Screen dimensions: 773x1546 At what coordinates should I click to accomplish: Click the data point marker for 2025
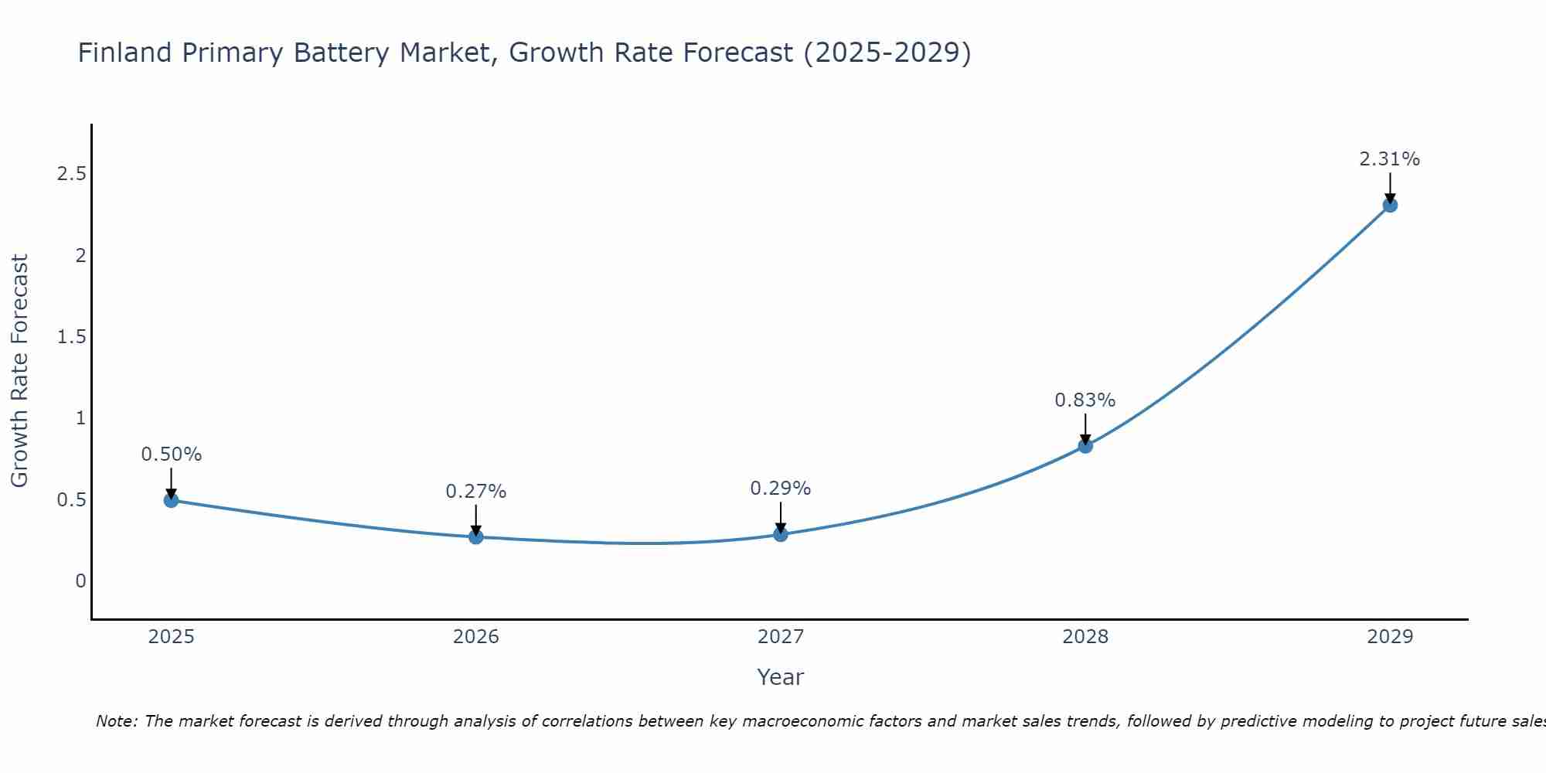(x=171, y=500)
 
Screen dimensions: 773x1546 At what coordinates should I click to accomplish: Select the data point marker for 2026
(x=476, y=536)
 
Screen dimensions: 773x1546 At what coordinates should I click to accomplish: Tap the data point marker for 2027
(x=781, y=534)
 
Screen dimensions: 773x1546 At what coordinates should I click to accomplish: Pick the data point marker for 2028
(x=1085, y=446)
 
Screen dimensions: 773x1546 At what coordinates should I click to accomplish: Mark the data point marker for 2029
(x=1390, y=205)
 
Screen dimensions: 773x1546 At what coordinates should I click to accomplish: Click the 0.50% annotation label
(x=171, y=455)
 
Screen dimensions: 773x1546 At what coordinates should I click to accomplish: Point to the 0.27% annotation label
(x=476, y=492)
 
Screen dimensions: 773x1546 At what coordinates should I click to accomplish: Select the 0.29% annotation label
(x=781, y=489)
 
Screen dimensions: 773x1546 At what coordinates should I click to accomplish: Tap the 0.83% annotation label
(x=1085, y=400)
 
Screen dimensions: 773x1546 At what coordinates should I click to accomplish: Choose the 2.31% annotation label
(x=1390, y=159)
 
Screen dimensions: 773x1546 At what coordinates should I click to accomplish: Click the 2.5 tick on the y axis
(x=71, y=174)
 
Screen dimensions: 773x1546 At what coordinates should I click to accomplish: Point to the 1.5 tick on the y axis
(x=71, y=337)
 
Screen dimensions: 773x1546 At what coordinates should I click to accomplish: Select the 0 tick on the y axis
(x=80, y=581)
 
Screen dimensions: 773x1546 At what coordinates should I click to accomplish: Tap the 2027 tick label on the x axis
(x=781, y=637)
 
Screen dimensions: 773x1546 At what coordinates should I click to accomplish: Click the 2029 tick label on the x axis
(x=1390, y=637)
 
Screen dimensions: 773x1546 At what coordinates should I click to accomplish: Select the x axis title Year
(x=781, y=677)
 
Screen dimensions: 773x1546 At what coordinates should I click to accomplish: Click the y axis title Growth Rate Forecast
(x=19, y=371)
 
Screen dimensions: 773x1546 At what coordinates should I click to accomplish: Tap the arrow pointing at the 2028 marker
(x=1085, y=430)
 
